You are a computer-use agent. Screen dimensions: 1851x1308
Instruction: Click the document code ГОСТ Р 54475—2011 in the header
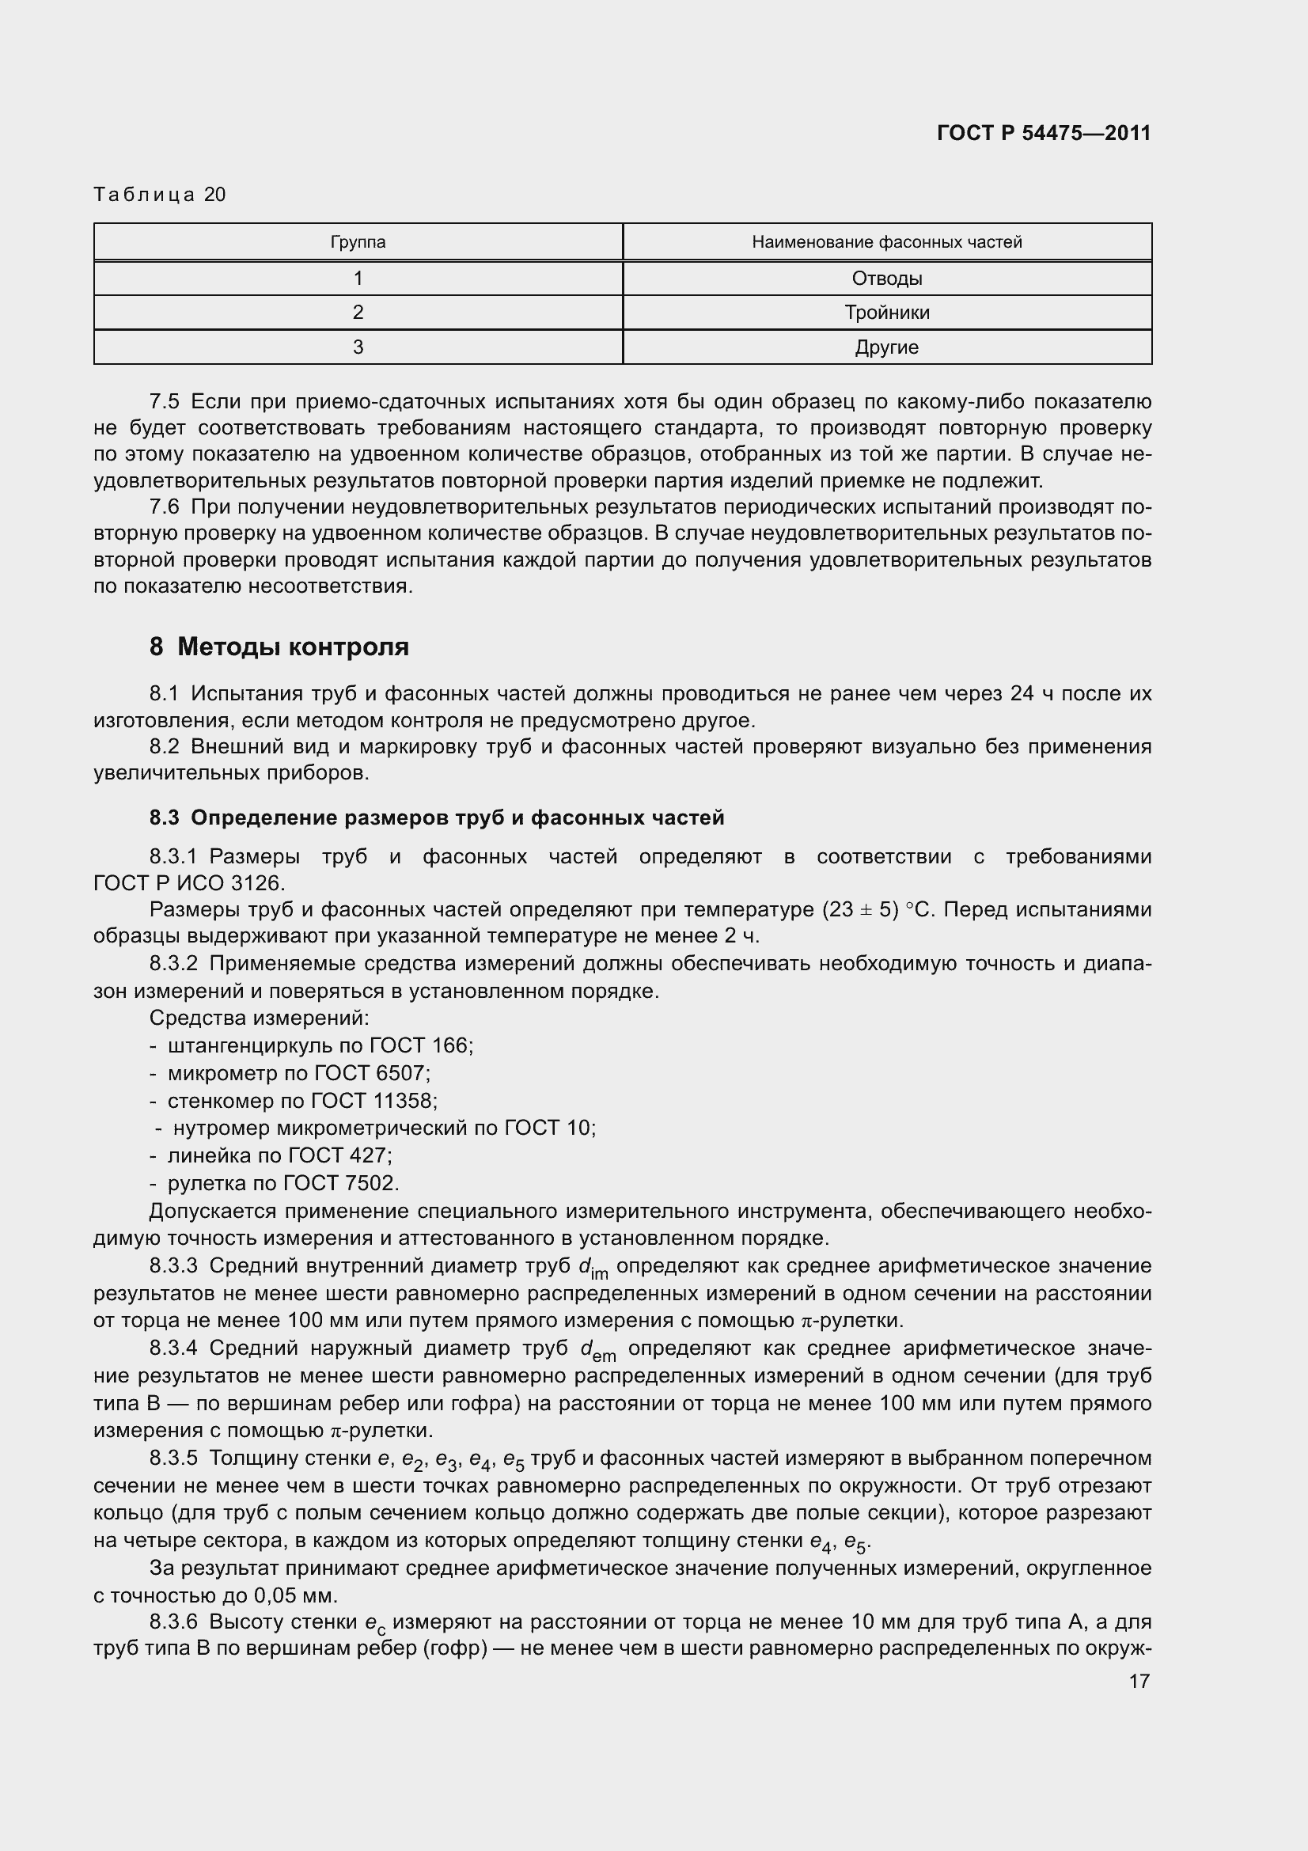coord(1044,133)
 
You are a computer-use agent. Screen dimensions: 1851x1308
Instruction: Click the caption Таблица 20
coord(160,195)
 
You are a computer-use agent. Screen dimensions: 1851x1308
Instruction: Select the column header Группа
coord(358,242)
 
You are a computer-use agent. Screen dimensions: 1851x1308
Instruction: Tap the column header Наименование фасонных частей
coord(886,242)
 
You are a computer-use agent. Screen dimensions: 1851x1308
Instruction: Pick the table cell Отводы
coord(886,278)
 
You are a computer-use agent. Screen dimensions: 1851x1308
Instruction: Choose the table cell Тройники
coord(886,313)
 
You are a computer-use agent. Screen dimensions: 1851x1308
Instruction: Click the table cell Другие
coord(886,347)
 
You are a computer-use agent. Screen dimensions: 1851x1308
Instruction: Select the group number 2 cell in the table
coord(358,313)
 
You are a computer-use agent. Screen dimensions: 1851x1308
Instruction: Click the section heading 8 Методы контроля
coord(279,647)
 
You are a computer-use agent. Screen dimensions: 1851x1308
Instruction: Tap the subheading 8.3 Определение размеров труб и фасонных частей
coord(437,817)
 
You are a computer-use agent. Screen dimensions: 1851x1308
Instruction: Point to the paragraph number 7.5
coord(165,401)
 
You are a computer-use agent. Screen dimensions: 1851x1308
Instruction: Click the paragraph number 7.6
coord(165,507)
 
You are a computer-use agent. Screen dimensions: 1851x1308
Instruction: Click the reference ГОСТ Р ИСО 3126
coord(189,883)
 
